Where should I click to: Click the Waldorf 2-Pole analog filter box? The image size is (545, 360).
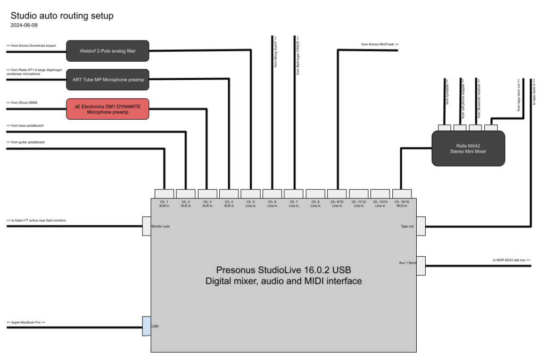[108, 51]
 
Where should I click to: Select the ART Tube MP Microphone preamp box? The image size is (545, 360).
[108, 79]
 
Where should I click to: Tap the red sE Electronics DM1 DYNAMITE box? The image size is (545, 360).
[108, 108]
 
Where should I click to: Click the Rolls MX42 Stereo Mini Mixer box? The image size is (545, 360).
[468, 148]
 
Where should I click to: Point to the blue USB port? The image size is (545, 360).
[146, 326]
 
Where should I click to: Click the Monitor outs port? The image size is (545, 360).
[147, 226]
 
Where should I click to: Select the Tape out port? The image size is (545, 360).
[420, 226]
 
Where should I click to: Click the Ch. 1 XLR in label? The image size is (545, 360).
[163, 204]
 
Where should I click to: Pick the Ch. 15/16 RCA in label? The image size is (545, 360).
[401, 204]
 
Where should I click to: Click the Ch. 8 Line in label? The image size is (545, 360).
[315, 204]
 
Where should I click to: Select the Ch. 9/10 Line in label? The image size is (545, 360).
[336, 204]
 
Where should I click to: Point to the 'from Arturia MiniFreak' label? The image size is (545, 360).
[379, 44]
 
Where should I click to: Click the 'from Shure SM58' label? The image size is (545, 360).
[22, 102]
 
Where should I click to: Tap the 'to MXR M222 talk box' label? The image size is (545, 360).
[511, 260]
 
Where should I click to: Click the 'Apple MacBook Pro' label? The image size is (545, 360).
[26, 322]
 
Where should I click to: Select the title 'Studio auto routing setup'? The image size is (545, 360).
[62, 16]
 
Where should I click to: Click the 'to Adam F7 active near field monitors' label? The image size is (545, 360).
[36, 220]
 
